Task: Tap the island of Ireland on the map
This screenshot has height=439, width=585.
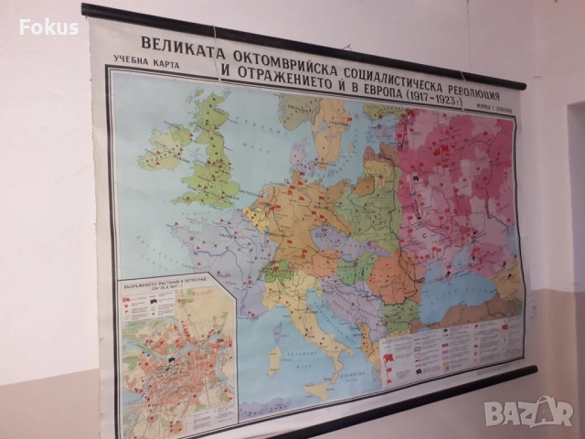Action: pos(165,146)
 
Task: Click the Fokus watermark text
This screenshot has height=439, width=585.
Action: pos(48,27)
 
